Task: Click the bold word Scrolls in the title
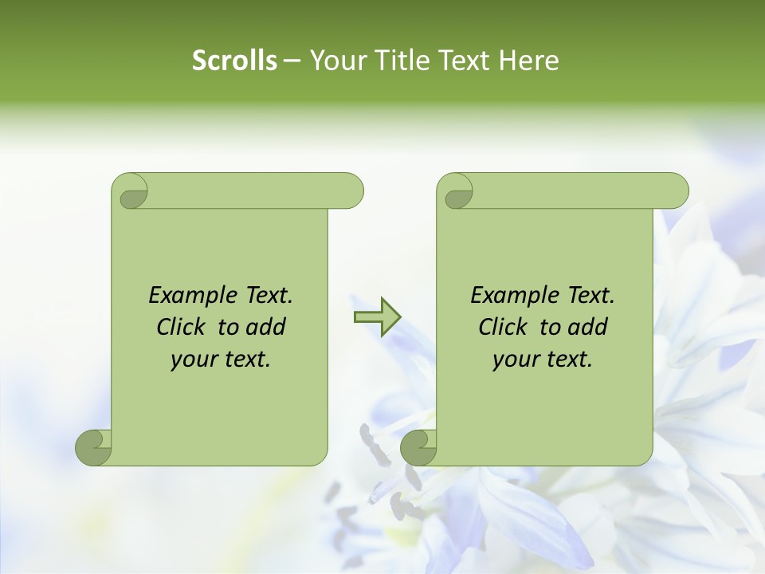click(235, 61)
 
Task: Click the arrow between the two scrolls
click(377, 317)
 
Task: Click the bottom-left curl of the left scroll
click(94, 447)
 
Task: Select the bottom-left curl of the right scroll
click(419, 447)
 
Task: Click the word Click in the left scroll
click(180, 327)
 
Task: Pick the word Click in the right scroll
click(502, 327)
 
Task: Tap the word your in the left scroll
click(191, 360)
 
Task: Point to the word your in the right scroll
click(513, 360)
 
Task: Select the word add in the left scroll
click(265, 327)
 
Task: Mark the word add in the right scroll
click(586, 327)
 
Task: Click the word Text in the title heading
click(466, 61)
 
